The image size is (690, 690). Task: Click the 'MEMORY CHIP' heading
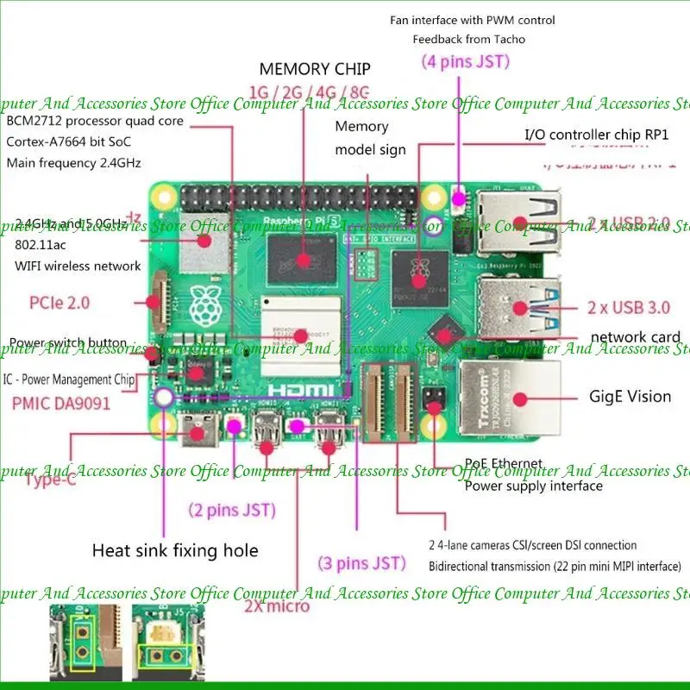tap(315, 69)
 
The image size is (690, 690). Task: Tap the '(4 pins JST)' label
tap(466, 61)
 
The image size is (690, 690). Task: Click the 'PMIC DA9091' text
tap(61, 403)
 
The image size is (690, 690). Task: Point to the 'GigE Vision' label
tap(630, 397)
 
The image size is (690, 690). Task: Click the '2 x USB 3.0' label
tap(629, 307)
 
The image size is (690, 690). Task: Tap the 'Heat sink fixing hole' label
tap(175, 550)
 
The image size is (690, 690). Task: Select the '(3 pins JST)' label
tap(361, 563)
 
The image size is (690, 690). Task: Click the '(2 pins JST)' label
tap(232, 510)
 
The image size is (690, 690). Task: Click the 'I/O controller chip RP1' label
tap(597, 135)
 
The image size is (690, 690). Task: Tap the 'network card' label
tap(636, 337)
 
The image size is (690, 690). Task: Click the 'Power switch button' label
tap(68, 343)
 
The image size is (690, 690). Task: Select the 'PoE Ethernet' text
tap(504, 464)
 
